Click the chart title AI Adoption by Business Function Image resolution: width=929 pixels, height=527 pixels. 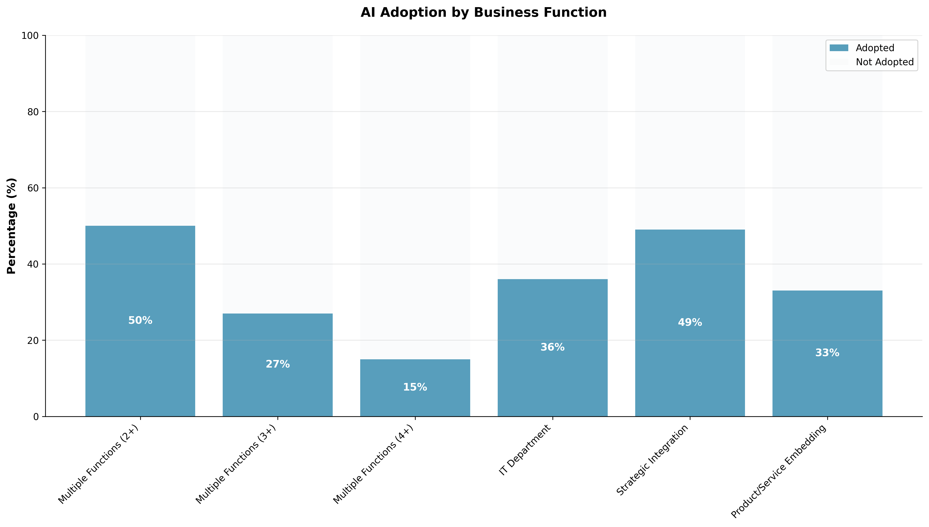coord(483,13)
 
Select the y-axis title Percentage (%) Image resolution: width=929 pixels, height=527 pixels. coord(12,226)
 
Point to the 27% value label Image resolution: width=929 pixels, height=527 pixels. coord(277,364)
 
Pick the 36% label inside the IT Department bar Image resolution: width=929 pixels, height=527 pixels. coord(552,347)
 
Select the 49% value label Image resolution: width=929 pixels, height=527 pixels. coord(690,322)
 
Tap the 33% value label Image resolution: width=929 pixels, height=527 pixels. coord(827,353)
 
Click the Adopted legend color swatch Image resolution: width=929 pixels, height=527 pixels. coord(839,48)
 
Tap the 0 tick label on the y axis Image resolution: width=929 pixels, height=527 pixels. coord(36,417)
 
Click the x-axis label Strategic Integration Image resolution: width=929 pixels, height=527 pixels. coord(652,460)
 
